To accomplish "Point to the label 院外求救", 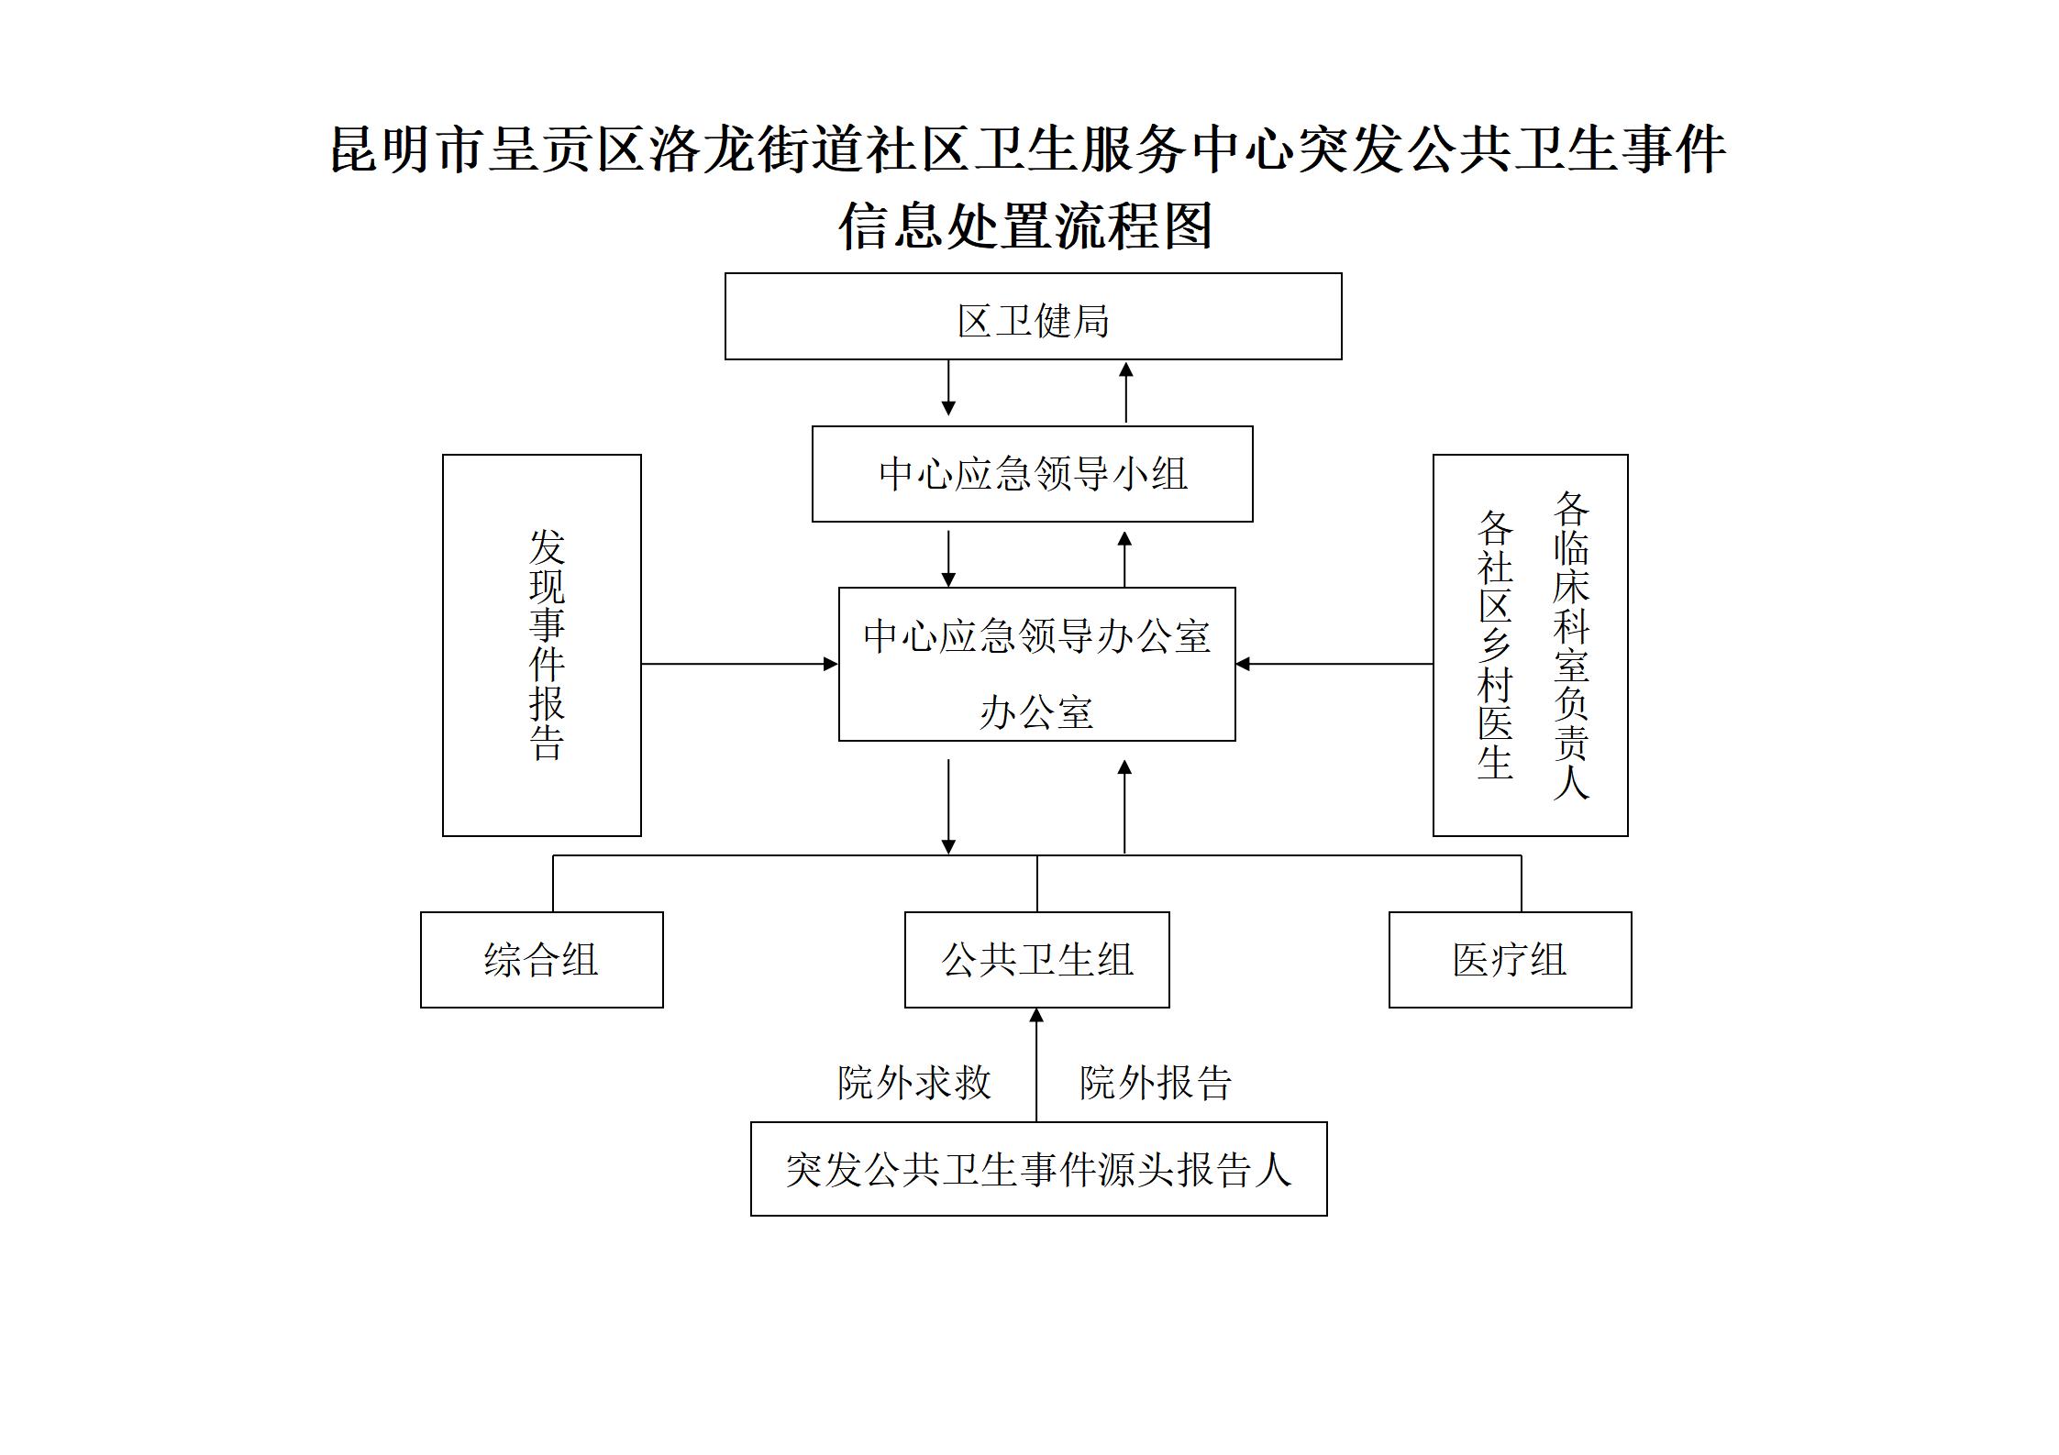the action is click(x=914, y=1083).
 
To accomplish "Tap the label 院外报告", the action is click(x=1156, y=1083).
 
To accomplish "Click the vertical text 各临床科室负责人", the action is click(x=1570, y=645).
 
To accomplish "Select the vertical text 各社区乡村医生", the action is click(x=1494, y=645).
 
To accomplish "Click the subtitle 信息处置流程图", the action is click(x=1025, y=226).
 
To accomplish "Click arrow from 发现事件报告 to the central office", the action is click(x=740, y=664).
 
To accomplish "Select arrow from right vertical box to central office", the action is click(x=1334, y=664).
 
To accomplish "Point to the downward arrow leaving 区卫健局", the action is click(x=948, y=388).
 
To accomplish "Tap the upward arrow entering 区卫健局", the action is click(x=1125, y=391).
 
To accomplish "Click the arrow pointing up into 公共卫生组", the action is click(x=1036, y=1064).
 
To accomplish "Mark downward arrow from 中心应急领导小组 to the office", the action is click(x=948, y=558).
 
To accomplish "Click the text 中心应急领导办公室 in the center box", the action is click(x=1036, y=636).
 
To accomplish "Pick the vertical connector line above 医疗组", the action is click(x=1522, y=883).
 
